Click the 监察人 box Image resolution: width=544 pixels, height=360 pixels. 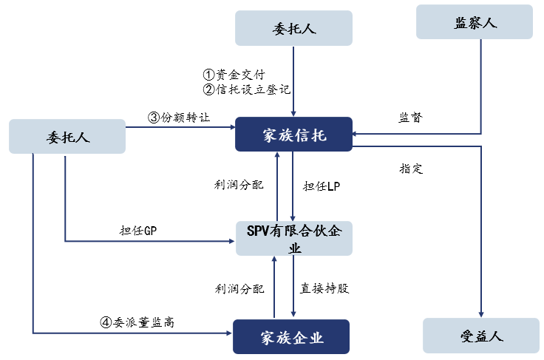pyautogui.click(x=475, y=22)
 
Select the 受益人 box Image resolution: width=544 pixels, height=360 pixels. pyautogui.click(x=481, y=336)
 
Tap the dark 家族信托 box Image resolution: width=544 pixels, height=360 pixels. pyautogui.click(x=293, y=135)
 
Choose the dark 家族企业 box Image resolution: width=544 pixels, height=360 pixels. pyautogui.click(x=291, y=337)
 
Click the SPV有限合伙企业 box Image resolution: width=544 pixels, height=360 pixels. pyautogui.click(x=294, y=238)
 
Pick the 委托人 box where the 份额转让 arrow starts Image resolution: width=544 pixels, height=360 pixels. pyautogui.click(x=67, y=136)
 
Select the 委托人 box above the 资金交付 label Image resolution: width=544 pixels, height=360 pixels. pyautogui.click(x=293, y=28)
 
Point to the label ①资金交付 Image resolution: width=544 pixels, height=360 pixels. pyautogui.click(x=234, y=75)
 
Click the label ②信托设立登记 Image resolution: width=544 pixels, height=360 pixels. pyautogui.click(x=246, y=89)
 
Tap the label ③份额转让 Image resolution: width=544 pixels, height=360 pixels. pyautogui.click(x=179, y=118)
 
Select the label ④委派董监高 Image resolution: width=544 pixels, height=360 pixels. pyautogui.click(x=137, y=322)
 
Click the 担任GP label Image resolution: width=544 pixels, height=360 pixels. pyautogui.click(x=138, y=231)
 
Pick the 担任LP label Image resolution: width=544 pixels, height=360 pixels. pyautogui.click(x=322, y=186)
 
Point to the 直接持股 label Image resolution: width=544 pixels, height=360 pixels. pyautogui.click(x=324, y=288)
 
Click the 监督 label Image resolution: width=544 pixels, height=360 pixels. pyautogui.click(x=411, y=118)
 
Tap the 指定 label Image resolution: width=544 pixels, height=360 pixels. pyautogui.click(x=411, y=169)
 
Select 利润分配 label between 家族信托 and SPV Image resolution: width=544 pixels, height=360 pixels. pyautogui.click(x=239, y=185)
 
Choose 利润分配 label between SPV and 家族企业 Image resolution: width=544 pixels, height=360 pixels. pyautogui.click(x=239, y=288)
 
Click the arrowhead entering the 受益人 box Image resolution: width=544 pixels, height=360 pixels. pyautogui.click(x=481, y=314)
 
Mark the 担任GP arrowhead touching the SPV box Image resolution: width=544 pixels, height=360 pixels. pyautogui.click(x=232, y=241)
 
